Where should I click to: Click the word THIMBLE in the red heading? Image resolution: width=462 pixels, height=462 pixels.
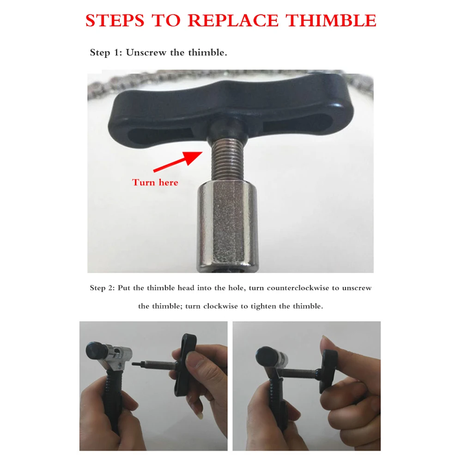tap(331, 21)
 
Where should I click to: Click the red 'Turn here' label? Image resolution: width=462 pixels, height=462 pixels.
tap(155, 182)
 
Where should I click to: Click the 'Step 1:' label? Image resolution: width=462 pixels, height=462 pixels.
tap(106, 53)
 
